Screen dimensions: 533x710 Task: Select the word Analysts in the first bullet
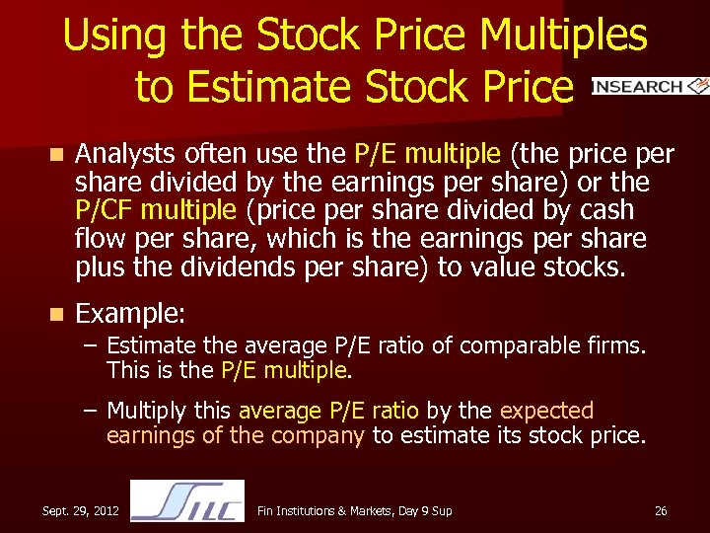[123, 154]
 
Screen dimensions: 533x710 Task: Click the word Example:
[130, 314]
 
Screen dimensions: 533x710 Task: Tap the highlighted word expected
[547, 411]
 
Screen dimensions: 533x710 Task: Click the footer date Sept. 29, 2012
[81, 510]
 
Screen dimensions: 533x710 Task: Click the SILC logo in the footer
[187, 500]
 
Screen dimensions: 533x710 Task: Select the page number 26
[661, 510]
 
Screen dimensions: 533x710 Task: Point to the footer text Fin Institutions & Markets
[325, 510]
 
